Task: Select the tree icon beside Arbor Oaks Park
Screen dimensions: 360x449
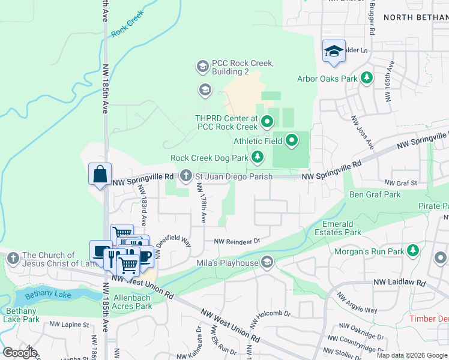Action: tap(366, 78)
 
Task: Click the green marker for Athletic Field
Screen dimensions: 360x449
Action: tap(292, 141)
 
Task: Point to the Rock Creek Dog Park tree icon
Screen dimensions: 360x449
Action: tap(258, 157)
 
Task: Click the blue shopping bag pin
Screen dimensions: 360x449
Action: tap(100, 175)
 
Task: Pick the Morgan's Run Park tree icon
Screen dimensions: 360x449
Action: tap(413, 250)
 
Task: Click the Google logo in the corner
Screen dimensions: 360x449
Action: tap(19, 352)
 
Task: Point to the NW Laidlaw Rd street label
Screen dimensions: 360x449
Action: tap(399, 282)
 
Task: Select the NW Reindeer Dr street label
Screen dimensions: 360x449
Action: tap(238, 241)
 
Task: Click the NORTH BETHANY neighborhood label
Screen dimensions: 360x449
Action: tap(414, 17)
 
